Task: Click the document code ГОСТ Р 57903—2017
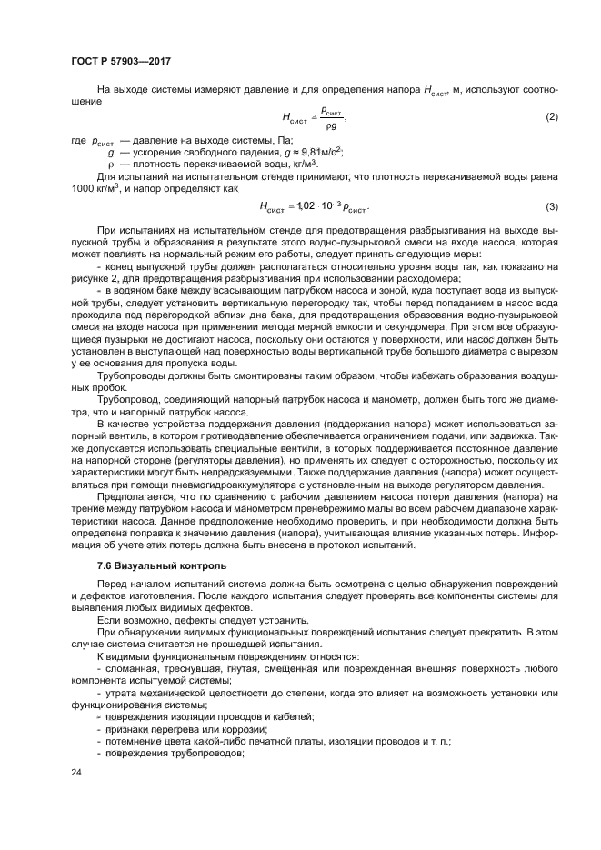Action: pos(121,61)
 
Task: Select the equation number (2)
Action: pos(551,117)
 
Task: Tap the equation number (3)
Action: pos(551,206)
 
